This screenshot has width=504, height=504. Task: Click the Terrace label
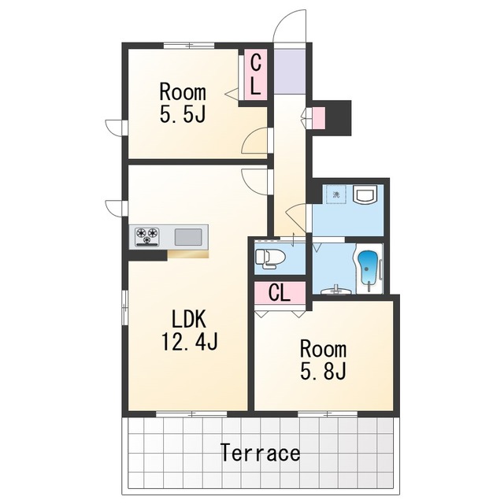pos(261,452)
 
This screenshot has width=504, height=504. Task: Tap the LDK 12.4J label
pos(190,330)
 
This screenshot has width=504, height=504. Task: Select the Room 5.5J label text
pos(183,103)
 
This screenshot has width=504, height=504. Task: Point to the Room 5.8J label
pos(323,360)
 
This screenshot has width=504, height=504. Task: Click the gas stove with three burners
pos(147,236)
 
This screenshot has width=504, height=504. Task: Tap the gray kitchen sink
pos(188,237)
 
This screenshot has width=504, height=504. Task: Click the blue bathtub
pos(368,266)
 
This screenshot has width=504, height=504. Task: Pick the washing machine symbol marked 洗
pos(336,195)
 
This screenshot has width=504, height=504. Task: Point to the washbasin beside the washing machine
pos(364,194)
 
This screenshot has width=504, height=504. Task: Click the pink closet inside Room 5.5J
pos(256,74)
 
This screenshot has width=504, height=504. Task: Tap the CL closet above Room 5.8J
pos(280,293)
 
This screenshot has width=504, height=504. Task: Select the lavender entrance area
pos(289,71)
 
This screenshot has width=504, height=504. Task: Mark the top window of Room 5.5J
pos(189,46)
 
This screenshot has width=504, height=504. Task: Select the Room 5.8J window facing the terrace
pos(328,414)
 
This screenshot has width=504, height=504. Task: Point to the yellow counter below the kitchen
pos(188,254)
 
